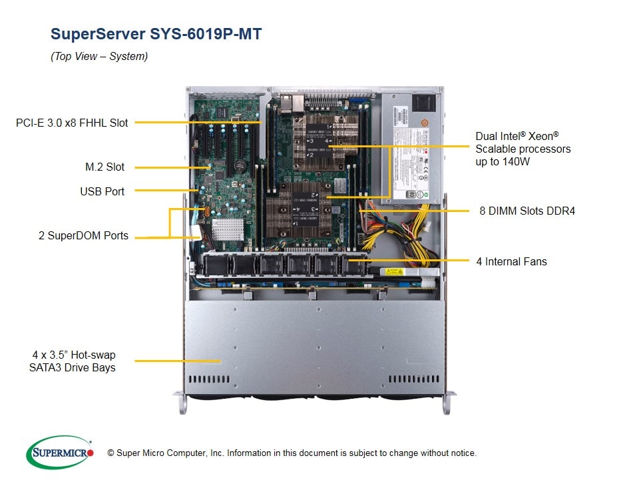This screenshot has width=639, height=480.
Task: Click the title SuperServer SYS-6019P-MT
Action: click(x=156, y=34)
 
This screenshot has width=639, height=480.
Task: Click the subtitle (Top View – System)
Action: click(x=99, y=57)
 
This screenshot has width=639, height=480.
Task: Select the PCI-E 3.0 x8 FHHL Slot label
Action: click(x=72, y=123)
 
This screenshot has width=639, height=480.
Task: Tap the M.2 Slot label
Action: click(x=105, y=167)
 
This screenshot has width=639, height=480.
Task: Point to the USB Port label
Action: click(x=102, y=191)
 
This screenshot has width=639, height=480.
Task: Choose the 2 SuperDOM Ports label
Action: click(x=83, y=236)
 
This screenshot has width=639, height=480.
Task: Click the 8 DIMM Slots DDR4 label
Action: click(x=527, y=211)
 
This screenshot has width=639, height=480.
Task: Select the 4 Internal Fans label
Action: click(x=511, y=261)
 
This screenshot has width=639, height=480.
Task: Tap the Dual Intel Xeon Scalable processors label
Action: click(x=523, y=149)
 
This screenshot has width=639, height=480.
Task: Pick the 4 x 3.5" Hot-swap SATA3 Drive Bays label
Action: click(x=73, y=361)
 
